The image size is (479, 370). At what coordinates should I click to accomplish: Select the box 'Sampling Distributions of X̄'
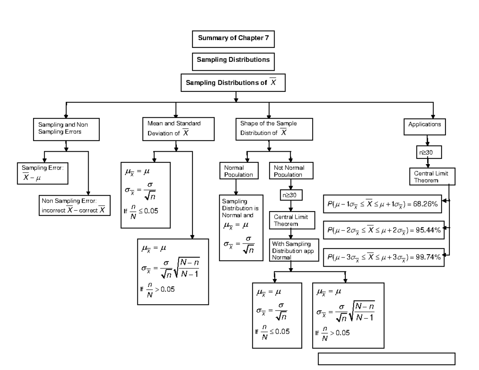click(x=234, y=83)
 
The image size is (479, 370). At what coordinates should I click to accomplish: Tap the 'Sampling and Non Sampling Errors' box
click(x=66, y=128)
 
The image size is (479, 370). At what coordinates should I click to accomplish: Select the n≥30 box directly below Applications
click(x=428, y=152)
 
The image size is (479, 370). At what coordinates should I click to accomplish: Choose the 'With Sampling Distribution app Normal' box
click(x=294, y=250)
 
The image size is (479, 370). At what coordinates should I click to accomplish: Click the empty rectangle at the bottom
click(x=386, y=358)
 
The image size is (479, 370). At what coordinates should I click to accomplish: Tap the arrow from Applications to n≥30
click(x=428, y=140)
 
